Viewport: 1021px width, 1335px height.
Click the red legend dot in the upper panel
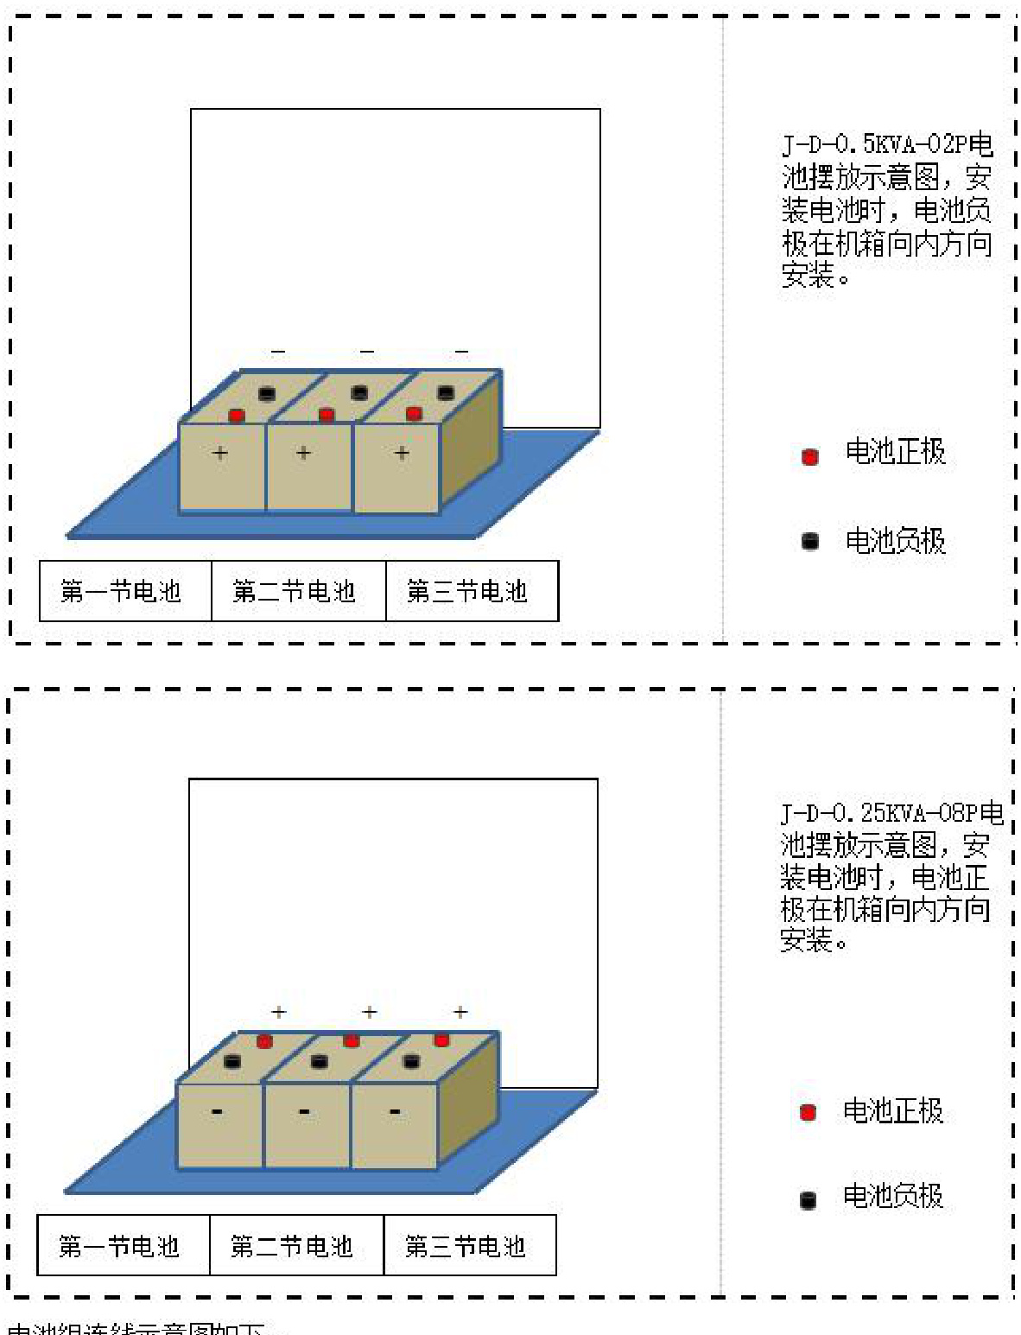click(810, 456)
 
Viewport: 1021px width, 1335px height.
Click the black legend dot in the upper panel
click(810, 542)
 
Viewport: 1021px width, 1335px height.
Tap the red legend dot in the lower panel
click(809, 1112)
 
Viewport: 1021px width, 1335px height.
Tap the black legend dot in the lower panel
click(809, 1199)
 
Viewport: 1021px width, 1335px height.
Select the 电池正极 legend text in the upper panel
click(896, 452)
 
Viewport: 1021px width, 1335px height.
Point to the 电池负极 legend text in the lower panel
click(893, 1196)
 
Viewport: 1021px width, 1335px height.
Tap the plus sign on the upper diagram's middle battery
click(303, 452)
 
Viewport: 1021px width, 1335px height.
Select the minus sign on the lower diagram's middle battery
click(305, 1111)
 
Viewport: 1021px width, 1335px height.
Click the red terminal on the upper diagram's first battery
click(236, 416)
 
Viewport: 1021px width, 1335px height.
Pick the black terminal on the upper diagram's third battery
click(446, 393)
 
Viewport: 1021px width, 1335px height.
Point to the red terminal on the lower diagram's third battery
click(441, 1039)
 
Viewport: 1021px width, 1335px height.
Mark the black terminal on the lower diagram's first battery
click(232, 1061)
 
